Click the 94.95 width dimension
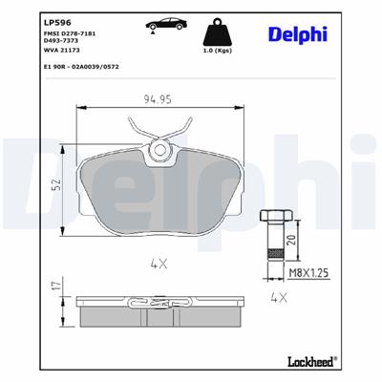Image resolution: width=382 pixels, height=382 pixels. (158, 97)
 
